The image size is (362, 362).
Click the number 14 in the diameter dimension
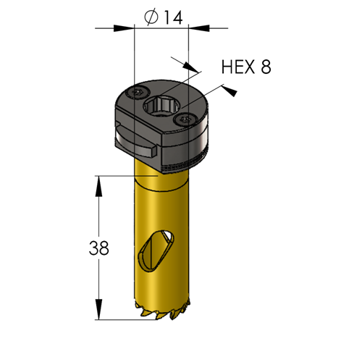coord(173,17)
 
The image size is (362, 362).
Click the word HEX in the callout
coord(237,67)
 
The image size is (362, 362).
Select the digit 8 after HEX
coord(266,67)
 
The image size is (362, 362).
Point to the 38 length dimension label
coord(99,248)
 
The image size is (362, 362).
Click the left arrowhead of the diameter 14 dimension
coord(124,28)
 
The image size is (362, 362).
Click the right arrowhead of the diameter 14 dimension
coord(198,28)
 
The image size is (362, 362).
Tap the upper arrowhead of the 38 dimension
coord(98,186)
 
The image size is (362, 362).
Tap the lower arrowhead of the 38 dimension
coord(98,310)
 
